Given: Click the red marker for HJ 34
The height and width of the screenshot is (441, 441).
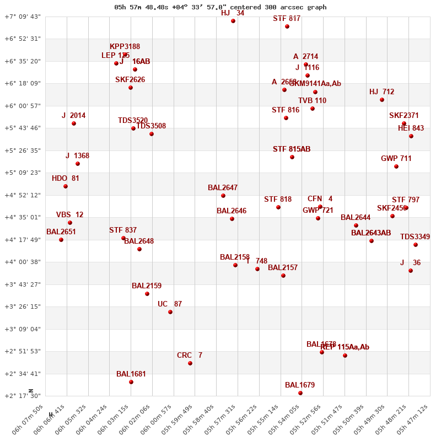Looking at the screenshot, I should tap(233, 21).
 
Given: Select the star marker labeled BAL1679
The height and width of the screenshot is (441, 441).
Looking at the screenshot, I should tap(300, 393).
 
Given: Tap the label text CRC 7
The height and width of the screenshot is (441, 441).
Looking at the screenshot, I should tap(190, 356).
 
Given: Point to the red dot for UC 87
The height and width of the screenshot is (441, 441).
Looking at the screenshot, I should tap(170, 312).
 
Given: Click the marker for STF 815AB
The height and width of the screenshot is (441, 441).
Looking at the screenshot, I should tap(292, 157).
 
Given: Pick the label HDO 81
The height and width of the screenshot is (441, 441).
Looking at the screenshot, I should tap(66, 179).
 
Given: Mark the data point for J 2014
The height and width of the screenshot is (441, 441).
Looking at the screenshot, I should tap(74, 123).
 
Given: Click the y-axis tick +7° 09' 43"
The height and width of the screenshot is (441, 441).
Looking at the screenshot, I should tap(23, 17).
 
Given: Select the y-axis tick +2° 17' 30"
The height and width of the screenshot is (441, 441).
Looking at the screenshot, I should tap(23, 396).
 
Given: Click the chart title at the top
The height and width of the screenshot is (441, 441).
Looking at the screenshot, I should tap(220, 7).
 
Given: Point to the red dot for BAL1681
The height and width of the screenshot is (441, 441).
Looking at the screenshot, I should tap(131, 382).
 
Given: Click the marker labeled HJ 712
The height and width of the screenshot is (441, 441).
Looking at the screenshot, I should tap(382, 100).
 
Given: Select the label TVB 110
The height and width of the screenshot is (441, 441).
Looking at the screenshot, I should tap(313, 101).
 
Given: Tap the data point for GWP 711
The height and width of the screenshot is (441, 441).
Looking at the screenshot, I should tap(396, 166).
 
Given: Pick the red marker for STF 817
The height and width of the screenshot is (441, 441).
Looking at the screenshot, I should tap(287, 26).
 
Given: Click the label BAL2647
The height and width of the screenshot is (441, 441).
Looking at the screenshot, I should tap(223, 188).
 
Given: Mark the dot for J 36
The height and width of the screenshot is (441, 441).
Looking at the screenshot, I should tap(411, 271).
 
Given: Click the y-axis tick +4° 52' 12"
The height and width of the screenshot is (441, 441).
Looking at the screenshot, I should tap(23, 195).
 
